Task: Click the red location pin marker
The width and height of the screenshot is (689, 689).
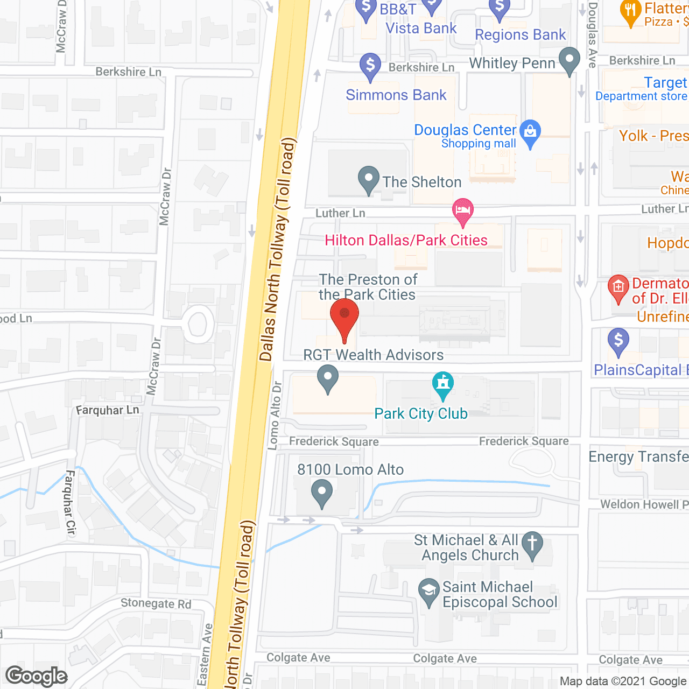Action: coord(344,315)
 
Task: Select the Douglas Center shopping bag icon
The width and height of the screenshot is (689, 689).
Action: coord(531,132)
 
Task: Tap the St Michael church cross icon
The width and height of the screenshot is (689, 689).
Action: coord(532,544)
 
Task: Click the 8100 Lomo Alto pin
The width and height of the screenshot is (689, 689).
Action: coord(322,493)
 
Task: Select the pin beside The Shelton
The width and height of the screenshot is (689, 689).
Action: coord(369,179)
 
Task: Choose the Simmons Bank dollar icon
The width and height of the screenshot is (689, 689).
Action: coord(370,66)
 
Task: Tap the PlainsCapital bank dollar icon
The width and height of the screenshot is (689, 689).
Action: coord(618,341)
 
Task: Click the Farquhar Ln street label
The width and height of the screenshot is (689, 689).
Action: coord(108,410)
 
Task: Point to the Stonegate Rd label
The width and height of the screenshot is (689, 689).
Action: coord(156,603)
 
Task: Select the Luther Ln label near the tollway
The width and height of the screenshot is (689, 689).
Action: coord(340,213)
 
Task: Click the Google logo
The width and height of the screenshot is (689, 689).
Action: coord(37,676)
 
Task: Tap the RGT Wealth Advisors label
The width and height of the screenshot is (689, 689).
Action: coord(374,355)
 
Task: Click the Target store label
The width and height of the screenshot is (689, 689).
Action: coord(665,82)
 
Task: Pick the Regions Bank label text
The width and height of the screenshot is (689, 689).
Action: coord(521,35)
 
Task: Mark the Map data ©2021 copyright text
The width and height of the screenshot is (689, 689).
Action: coord(623,681)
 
